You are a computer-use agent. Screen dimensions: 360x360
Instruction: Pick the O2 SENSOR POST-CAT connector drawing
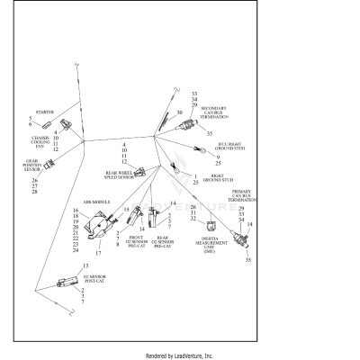click(67, 283)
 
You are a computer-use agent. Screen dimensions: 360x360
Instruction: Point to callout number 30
click(179, 112)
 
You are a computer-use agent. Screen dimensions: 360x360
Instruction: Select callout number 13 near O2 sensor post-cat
click(85, 267)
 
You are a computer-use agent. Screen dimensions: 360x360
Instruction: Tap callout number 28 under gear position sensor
click(34, 192)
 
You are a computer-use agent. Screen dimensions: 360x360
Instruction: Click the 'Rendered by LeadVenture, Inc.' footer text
click(180, 355)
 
